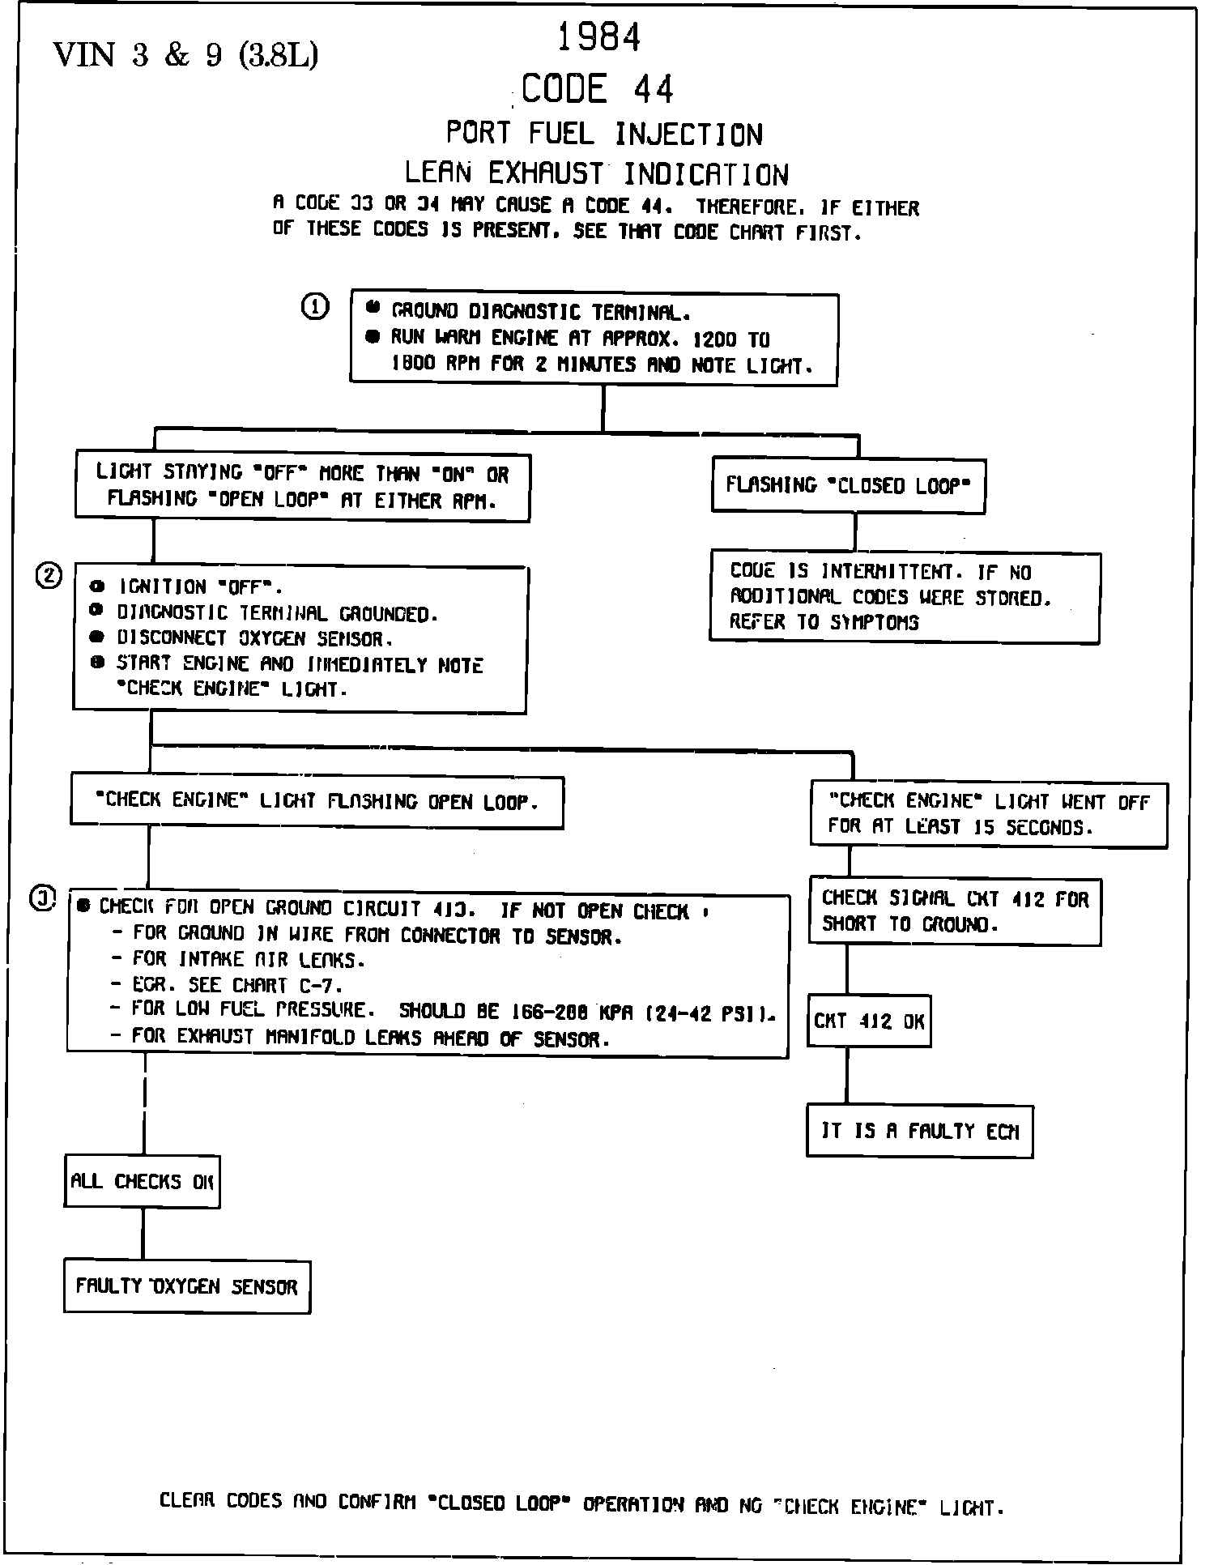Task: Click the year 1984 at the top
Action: [599, 37]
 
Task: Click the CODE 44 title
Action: [598, 89]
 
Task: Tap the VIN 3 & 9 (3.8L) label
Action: [185, 55]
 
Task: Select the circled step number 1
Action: [315, 306]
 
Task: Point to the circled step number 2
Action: [48, 575]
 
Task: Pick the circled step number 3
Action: [43, 898]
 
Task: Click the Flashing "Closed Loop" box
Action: [848, 485]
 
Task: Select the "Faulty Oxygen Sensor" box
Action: [187, 1286]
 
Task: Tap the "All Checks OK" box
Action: [142, 1181]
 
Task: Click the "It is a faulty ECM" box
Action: [920, 1131]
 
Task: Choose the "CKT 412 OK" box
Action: [869, 1021]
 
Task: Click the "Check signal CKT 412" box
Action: [955, 911]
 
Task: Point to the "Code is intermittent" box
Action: [905, 597]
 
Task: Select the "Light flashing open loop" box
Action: [317, 802]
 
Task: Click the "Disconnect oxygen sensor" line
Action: [255, 639]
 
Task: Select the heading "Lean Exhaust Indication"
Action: [596, 174]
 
